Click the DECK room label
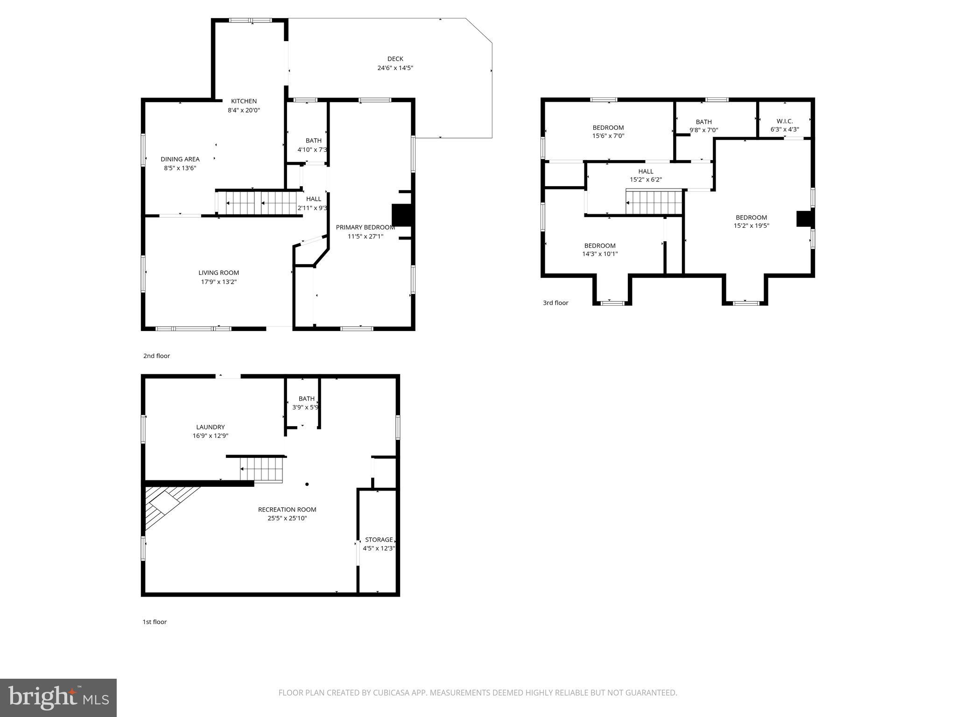(395, 59)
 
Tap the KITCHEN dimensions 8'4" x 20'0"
(244, 110)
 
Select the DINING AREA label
(180, 159)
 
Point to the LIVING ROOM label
(218, 273)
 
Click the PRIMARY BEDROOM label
(366, 227)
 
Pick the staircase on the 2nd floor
(257, 203)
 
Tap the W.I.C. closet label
(784, 121)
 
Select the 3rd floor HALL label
(646, 171)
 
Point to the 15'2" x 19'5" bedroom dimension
(751, 226)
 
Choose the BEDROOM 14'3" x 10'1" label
(600, 246)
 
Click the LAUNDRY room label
(210, 427)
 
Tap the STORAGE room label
(379, 540)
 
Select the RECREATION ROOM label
(287, 509)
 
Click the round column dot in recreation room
(307, 484)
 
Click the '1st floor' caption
(155, 622)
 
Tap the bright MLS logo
(58, 698)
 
